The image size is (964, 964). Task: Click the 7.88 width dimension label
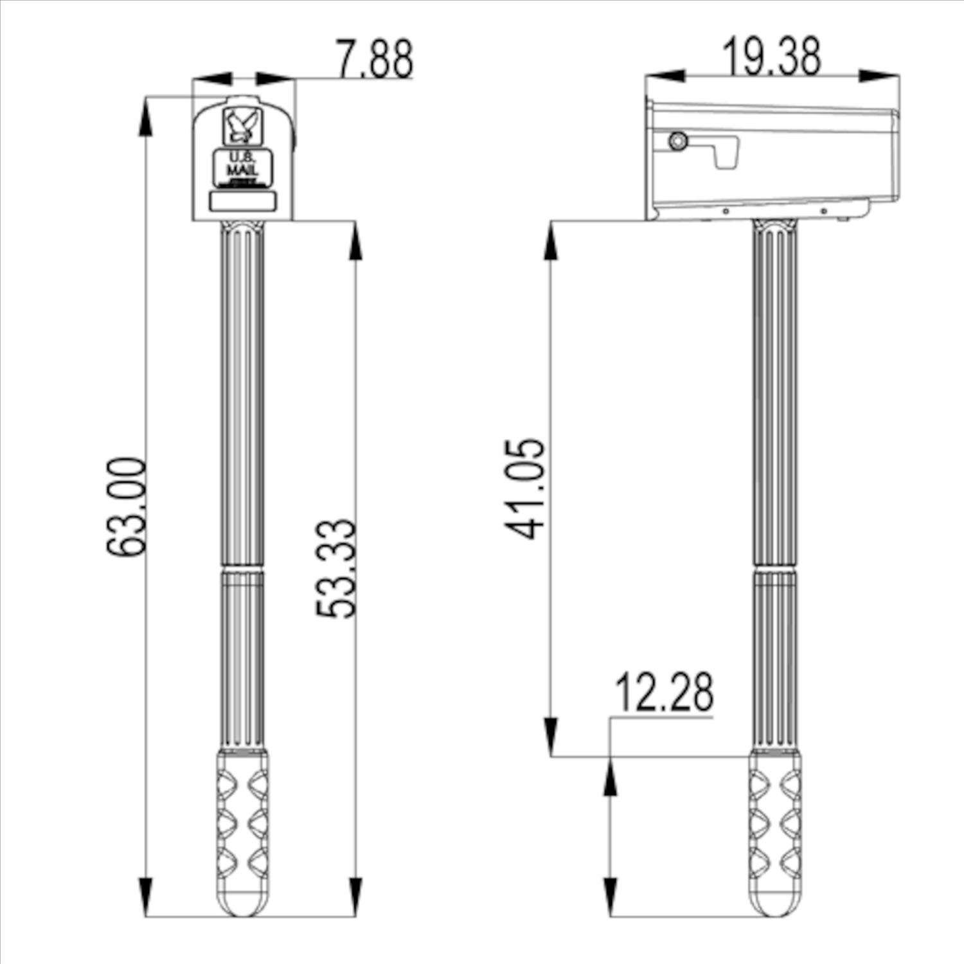[x=375, y=59]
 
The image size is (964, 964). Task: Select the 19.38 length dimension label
[x=771, y=57]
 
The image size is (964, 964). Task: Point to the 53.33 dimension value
[x=335, y=568]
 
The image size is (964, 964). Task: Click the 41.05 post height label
[x=524, y=488]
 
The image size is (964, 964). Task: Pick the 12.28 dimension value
[x=664, y=693]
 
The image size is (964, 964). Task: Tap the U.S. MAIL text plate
[x=242, y=168]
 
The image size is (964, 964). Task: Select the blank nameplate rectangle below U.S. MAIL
[x=242, y=202]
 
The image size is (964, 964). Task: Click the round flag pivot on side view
[x=677, y=141]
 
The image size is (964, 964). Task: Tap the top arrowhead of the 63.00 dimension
[x=147, y=116]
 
